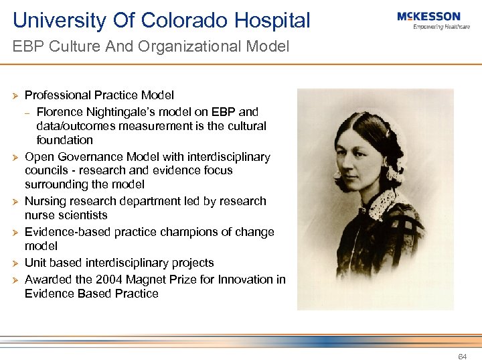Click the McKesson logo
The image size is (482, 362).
coord(428,17)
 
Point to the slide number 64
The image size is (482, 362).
coord(462,357)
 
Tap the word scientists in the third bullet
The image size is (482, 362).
coord(82,215)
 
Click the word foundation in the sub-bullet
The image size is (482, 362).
coord(65,140)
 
